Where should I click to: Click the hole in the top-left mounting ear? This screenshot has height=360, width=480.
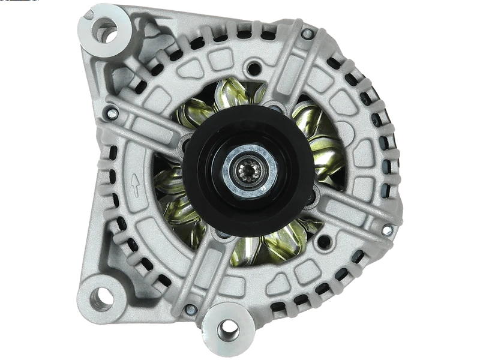105,28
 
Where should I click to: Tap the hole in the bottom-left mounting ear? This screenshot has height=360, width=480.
104,296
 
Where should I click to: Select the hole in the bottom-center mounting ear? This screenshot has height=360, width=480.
228,328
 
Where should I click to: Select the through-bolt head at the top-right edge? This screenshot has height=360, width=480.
307,34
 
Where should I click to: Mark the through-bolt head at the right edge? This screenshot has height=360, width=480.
387,230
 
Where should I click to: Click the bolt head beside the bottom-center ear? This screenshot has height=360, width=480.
190,310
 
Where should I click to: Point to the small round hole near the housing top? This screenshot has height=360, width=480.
256,68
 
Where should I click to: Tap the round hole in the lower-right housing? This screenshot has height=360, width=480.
325,242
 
